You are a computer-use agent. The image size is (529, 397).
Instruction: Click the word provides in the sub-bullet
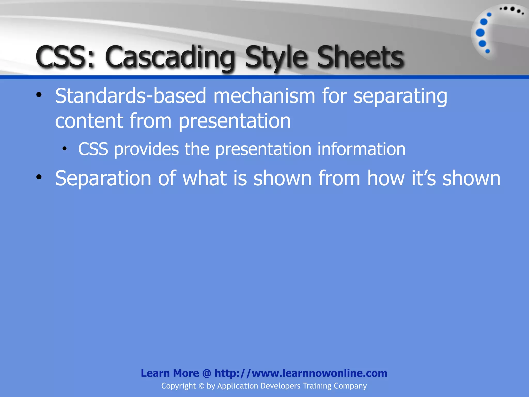[146, 149]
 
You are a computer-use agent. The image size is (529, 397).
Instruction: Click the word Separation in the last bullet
[103, 178]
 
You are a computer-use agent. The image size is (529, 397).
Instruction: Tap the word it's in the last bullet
[424, 178]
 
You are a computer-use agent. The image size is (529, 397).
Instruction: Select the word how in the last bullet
[386, 178]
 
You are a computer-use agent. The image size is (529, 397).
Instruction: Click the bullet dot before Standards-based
[39, 95]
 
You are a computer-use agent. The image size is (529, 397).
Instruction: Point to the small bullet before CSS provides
[65, 149]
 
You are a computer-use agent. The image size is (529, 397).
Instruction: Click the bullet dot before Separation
[39, 177]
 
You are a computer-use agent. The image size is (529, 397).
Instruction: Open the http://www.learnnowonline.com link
[301, 373]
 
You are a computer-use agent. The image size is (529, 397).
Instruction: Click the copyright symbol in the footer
[201, 386]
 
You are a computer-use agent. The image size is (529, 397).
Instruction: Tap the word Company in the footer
[350, 386]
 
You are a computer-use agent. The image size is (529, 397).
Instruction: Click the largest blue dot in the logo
[480, 33]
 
